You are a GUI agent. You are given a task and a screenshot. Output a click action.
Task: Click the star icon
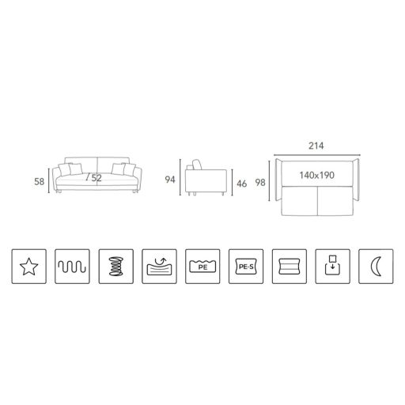pyautogui.click(x=29, y=267)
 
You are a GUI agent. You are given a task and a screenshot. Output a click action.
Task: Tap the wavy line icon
pyautogui.click(x=72, y=267)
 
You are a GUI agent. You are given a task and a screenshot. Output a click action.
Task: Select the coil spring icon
pyautogui.click(x=116, y=267)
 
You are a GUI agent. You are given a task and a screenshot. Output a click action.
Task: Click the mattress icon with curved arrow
pyautogui.click(x=159, y=267)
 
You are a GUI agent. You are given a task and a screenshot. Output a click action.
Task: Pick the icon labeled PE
pyautogui.click(x=202, y=267)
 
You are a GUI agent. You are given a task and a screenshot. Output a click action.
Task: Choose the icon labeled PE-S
pyautogui.click(x=246, y=267)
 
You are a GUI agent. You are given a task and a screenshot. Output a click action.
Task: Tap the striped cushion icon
pyautogui.click(x=290, y=267)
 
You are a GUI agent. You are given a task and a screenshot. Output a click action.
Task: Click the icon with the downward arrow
pyautogui.click(x=333, y=267)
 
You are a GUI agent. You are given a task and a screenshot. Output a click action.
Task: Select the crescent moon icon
pyautogui.click(x=376, y=267)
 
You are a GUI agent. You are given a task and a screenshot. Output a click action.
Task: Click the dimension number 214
pyautogui.click(x=316, y=146)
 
